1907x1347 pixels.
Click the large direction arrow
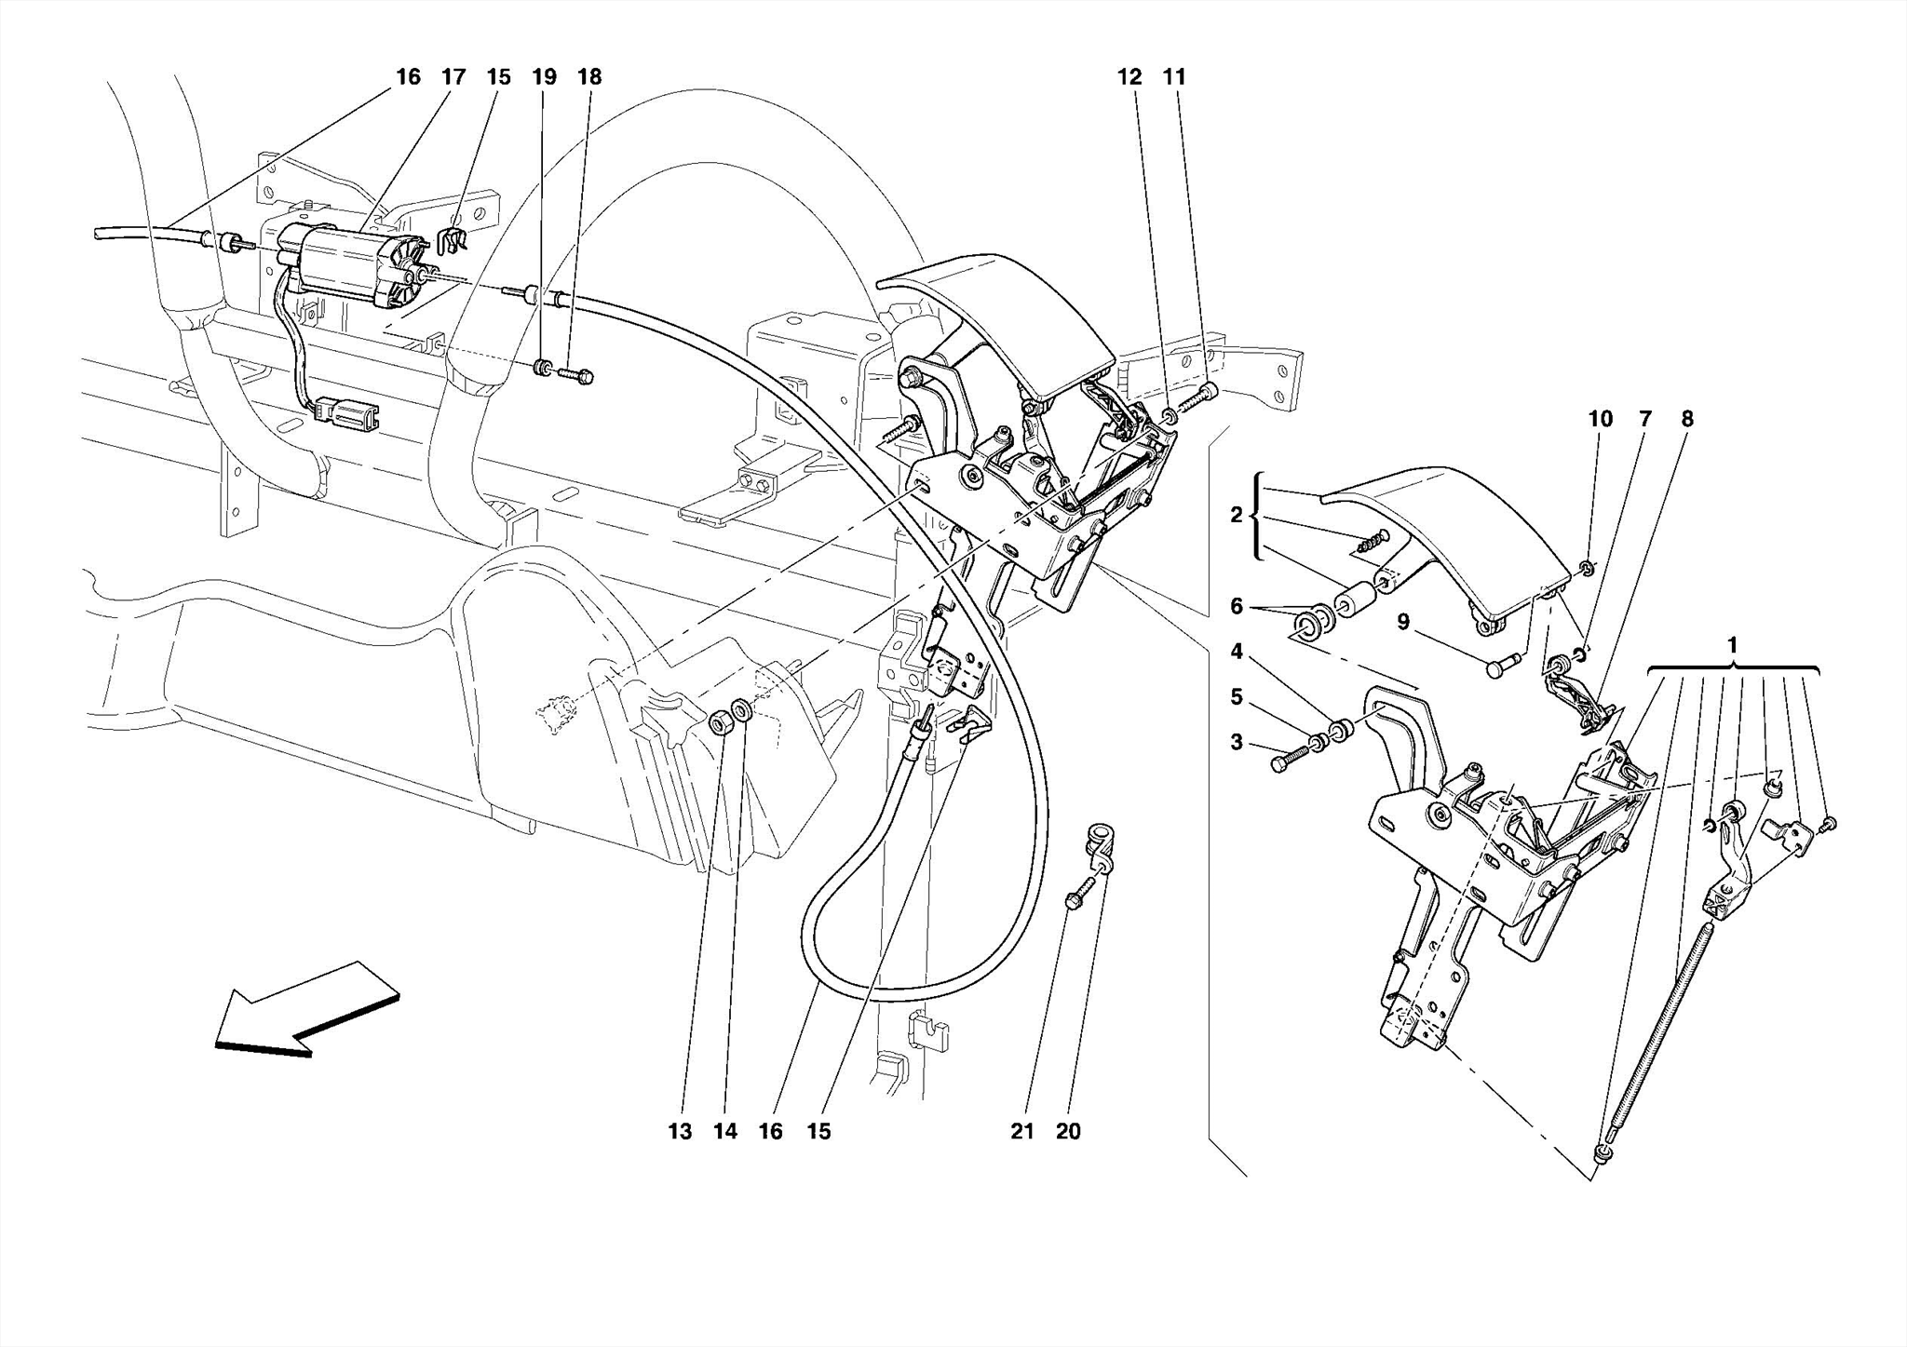pyautogui.click(x=307, y=1009)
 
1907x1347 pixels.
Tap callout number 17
pyautogui.click(x=453, y=77)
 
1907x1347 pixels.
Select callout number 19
pyautogui.click(x=545, y=77)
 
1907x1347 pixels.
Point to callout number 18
pyautogui.click(x=589, y=77)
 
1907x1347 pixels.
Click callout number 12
pyautogui.click(x=1129, y=77)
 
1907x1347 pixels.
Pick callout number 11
pyautogui.click(x=1175, y=77)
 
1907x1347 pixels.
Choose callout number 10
pyautogui.click(x=1601, y=420)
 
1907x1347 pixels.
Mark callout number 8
pyautogui.click(x=1687, y=420)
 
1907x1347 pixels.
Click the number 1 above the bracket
pyautogui.click(x=1732, y=645)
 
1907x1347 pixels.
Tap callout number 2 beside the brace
pyautogui.click(x=1237, y=515)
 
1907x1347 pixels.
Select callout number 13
pyautogui.click(x=680, y=1132)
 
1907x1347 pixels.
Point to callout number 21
pyautogui.click(x=1022, y=1132)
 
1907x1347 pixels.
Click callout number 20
pyautogui.click(x=1068, y=1132)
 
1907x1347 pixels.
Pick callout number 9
pyautogui.click(x=1403, y=622)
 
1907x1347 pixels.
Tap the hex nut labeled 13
pyautogui.click(x=720, y=721)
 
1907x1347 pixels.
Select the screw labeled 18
pyautogui.click(x=576, y=376)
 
